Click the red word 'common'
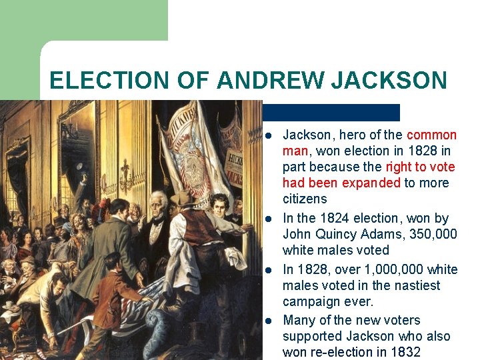431,135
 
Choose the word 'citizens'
305,199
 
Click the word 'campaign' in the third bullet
311,301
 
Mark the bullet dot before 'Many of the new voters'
268,321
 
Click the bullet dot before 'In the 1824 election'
268,219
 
